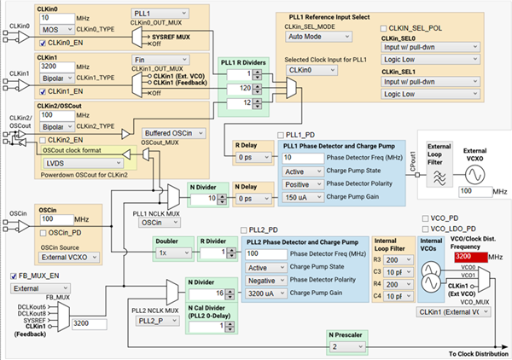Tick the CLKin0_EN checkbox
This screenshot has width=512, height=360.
[x=42, y=39]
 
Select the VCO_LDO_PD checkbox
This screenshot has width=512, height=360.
[x=426, y=230]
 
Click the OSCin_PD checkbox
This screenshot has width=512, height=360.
[x=42, y=232]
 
